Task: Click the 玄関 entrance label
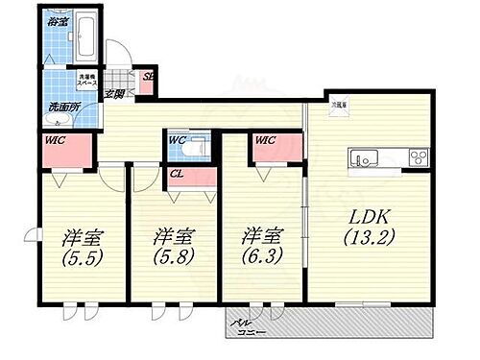click(116, 93)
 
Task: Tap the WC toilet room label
click(178, 140)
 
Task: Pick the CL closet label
click(178, 174)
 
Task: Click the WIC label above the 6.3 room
click(266, 140)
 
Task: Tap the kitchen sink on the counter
click(367, 156)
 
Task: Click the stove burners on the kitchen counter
click(418, 156)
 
